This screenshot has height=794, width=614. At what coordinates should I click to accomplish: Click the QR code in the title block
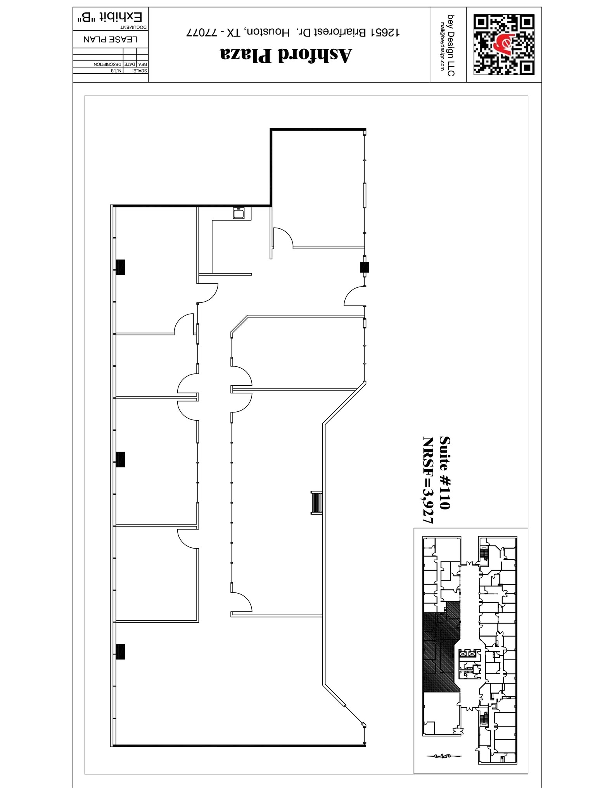coord(504,45)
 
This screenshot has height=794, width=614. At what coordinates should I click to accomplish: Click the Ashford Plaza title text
coord(286,55)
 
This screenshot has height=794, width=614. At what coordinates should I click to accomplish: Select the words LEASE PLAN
coord(111,40)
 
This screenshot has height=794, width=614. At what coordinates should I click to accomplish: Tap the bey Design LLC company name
coord(451,45)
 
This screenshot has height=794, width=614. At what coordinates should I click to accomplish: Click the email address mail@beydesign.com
coord(442,46)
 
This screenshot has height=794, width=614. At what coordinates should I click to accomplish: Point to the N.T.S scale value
coord(116,71)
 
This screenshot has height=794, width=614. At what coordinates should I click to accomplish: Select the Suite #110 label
coord(445,473)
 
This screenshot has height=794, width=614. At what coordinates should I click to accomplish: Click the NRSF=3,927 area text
coord(428,480)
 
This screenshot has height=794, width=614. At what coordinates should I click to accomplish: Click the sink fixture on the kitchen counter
coord(238,213)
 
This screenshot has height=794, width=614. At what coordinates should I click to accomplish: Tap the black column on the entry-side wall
coord(364,267)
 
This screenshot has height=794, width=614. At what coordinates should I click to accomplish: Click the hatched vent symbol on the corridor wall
coord(317,503)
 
